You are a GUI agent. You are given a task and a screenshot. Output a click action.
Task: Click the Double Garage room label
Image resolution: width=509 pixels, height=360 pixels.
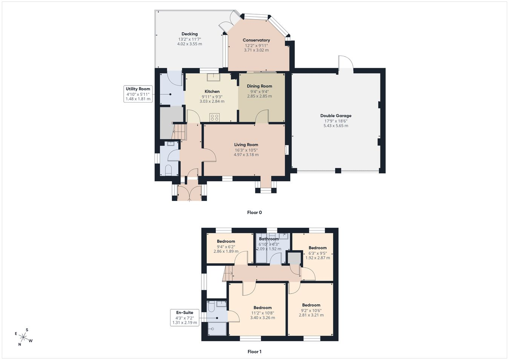coord(336,116)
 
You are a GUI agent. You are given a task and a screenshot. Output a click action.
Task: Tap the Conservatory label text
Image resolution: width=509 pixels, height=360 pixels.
coord(256,40)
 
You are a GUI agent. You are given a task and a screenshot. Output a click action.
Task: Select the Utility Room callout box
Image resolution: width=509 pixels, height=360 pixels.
coord(138,94)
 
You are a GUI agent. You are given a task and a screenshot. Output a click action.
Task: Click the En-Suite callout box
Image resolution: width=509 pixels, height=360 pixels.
coord(185,317)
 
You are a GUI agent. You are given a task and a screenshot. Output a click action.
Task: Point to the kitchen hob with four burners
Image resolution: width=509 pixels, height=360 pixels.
coord(215,118)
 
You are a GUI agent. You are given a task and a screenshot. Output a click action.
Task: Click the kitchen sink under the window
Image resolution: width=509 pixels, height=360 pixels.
coord(214,77)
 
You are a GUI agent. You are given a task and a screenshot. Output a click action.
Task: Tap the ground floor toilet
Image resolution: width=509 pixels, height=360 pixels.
coord(168,170)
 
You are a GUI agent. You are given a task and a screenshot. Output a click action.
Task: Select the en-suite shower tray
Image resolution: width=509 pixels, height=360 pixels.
coord(217,329)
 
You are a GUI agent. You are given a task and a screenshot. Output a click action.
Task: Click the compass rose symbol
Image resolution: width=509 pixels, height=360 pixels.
coord(23,337)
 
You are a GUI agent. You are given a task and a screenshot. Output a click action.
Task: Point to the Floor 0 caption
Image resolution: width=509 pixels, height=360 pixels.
coord(255,212)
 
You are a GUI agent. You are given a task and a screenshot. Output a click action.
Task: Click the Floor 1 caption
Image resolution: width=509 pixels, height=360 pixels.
coord(255,352)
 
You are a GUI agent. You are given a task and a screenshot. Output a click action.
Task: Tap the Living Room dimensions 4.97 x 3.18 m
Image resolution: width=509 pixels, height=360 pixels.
coord(246,155)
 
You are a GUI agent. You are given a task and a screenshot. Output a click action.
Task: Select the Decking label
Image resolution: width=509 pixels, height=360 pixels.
coord(190,34)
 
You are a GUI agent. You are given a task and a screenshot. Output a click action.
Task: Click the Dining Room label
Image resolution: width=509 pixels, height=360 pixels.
coord(259,86)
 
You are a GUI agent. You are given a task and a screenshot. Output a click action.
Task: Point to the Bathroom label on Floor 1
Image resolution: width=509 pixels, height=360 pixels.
coord(269,239)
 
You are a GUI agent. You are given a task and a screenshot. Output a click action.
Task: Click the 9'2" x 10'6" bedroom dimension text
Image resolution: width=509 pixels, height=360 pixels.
coord(311,311)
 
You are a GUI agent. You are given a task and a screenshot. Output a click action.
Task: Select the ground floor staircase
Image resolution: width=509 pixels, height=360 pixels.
coord(179,131)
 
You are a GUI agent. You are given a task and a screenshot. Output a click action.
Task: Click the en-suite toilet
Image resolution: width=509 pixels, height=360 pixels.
coord(210,306)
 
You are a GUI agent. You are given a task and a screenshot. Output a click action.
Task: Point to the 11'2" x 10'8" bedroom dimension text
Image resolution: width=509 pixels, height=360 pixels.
coord(263,313)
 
